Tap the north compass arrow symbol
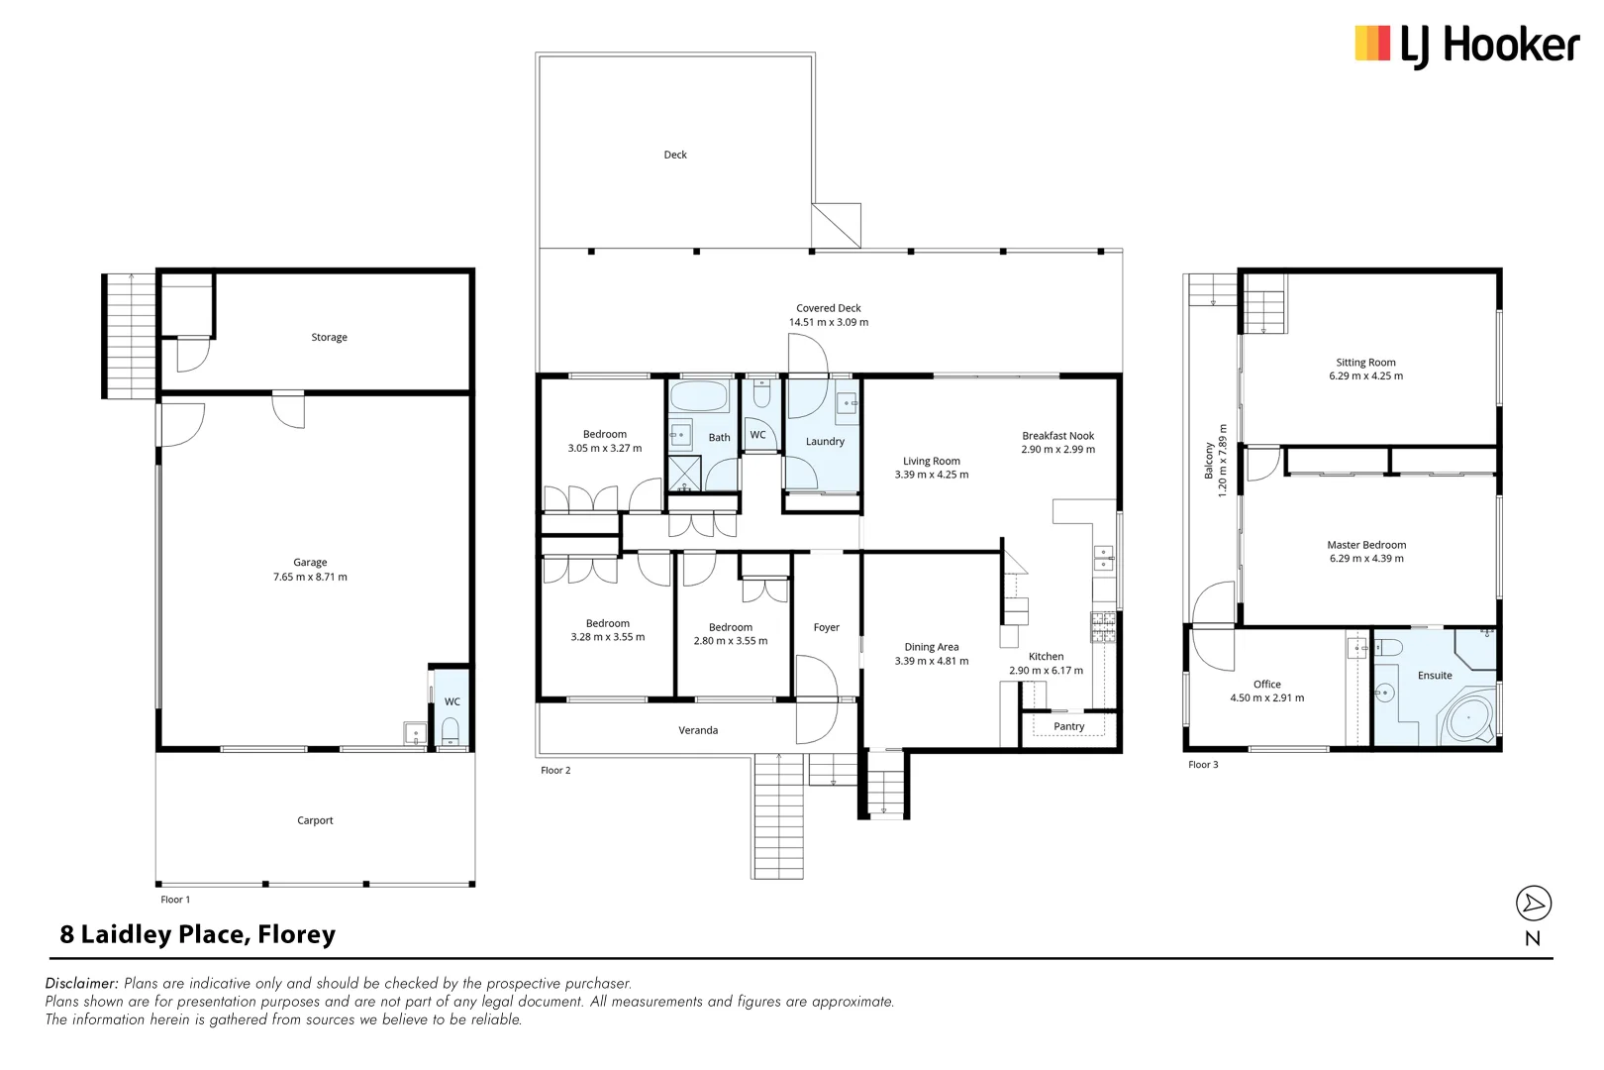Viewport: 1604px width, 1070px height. [x=1533, y=903]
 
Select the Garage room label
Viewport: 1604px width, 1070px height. [x=310, y=562]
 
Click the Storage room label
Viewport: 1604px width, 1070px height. [x=329, y=338]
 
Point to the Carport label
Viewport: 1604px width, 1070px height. [x=315, y=820]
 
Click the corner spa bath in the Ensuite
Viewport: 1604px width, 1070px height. [x=1470, y=716]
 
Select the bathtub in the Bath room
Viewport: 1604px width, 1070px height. [x=699, y=398]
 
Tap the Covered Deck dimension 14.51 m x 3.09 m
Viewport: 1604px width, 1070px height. [x=828, y=322]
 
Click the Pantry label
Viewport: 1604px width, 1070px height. [x=1068, y=726]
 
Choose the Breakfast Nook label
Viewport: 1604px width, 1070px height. [x=1057, y=436]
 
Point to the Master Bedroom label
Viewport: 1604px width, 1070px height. [x=1366, y=545]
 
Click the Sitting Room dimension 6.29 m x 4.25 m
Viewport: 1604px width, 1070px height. [x=1365, y=376]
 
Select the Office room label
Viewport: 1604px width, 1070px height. [x=1266, y=685]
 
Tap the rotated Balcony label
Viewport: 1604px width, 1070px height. [x=1209, y=461]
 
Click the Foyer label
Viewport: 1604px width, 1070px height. [x=826, y=627]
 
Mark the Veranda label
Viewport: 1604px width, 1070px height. [x=698, y=730]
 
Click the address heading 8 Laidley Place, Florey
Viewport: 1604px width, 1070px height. [x=198, y=934]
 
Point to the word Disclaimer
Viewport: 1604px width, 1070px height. [x=81, y=983]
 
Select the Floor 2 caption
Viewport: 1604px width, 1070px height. [x=555, y=770]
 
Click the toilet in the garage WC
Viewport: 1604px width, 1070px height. [x=450, y=733]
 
